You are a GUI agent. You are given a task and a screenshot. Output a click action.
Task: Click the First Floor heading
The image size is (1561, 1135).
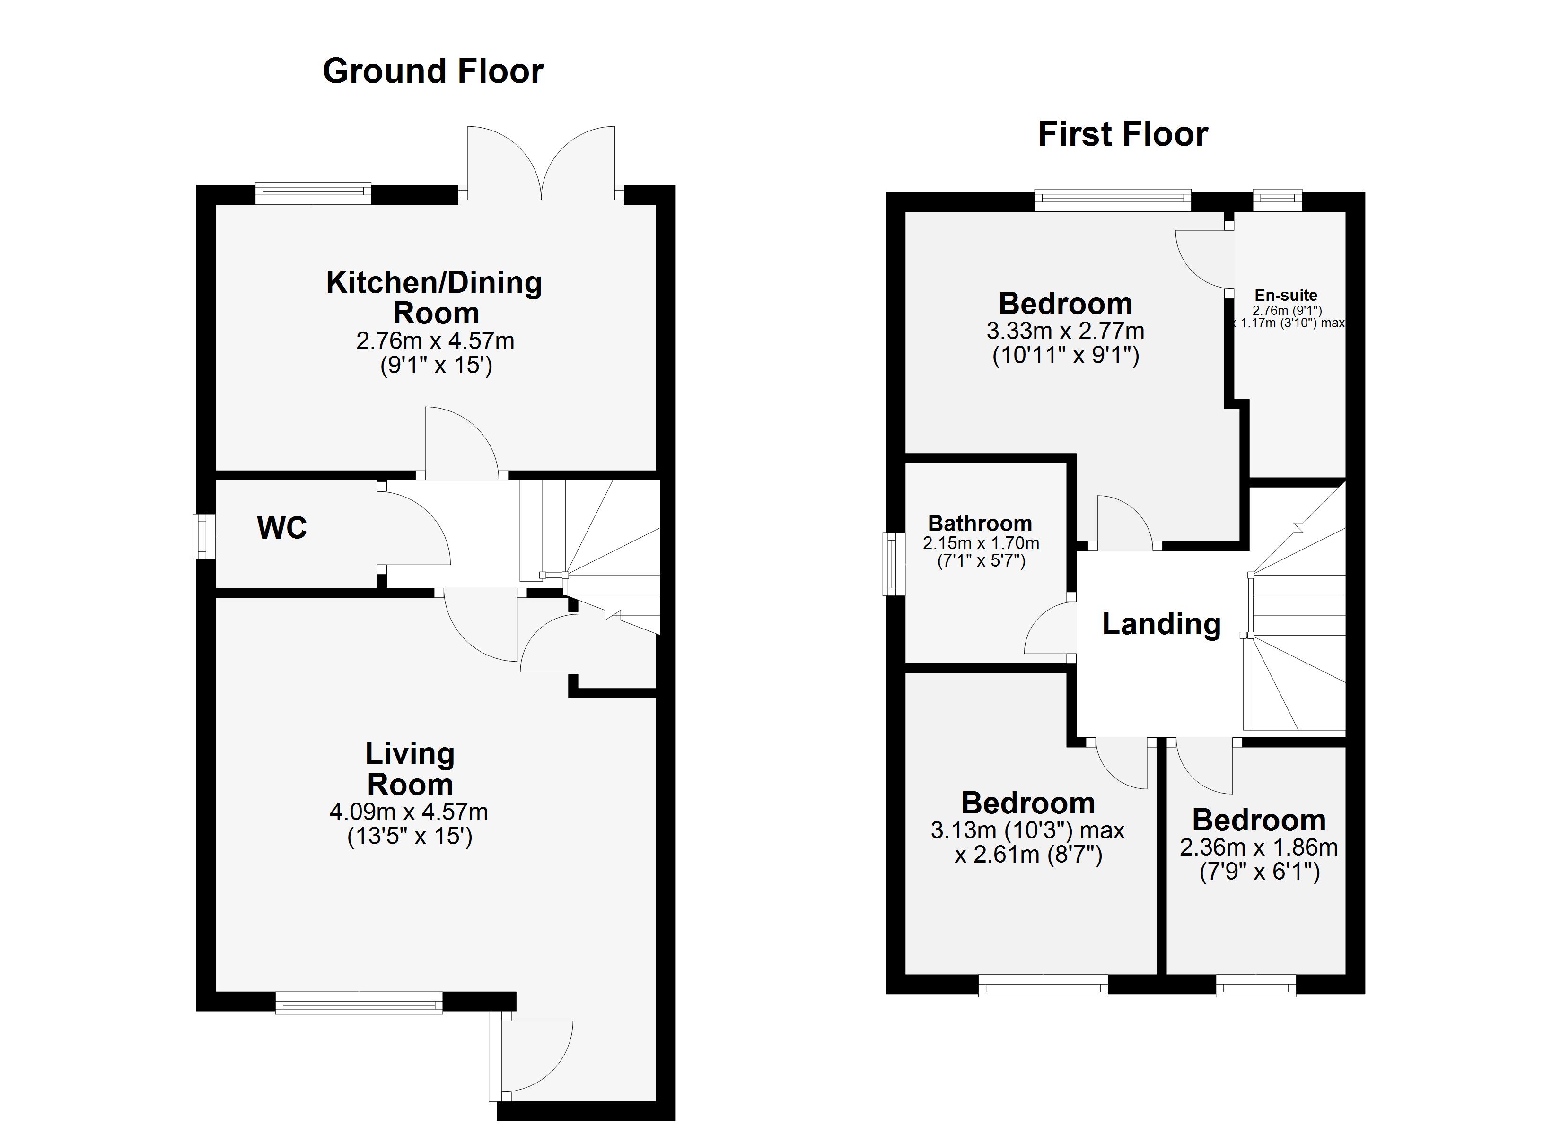point(1123,134)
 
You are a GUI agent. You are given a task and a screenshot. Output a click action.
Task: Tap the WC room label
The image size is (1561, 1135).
point(281,528)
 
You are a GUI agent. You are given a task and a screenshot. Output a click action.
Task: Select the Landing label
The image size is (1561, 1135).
point(1161,624)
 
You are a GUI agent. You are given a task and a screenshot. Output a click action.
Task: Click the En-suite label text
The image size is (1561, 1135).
point(1286,295)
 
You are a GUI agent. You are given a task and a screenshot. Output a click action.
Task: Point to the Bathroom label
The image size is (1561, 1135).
point(980,523)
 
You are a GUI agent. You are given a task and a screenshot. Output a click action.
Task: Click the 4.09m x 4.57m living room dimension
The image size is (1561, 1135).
point(409,812)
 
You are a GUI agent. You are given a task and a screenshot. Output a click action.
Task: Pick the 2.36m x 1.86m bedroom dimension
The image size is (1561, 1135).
point(1259,847)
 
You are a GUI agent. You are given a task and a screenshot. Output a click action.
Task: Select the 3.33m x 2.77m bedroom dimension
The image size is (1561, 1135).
point(1065,331)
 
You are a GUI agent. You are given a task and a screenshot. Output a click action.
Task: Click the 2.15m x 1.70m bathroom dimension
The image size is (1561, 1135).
point(981,543)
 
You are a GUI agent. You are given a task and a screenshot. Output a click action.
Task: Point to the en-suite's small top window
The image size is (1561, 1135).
point(1278,200)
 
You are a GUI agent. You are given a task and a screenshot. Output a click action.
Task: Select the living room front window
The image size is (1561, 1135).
point(359,1002)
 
